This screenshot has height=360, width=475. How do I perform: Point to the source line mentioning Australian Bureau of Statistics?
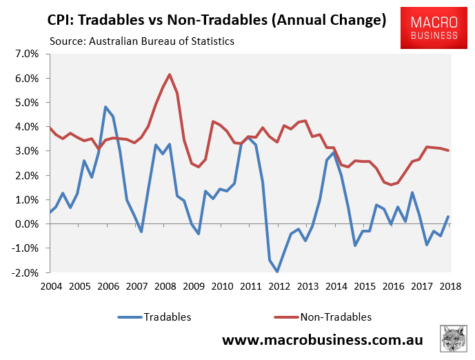(141, 41)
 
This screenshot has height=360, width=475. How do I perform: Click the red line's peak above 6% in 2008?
(170, 74)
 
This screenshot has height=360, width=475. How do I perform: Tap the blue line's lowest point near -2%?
(277, 272)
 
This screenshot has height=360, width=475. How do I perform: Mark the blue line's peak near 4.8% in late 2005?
(105, 107)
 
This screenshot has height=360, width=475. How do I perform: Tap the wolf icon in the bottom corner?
(453, 340)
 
